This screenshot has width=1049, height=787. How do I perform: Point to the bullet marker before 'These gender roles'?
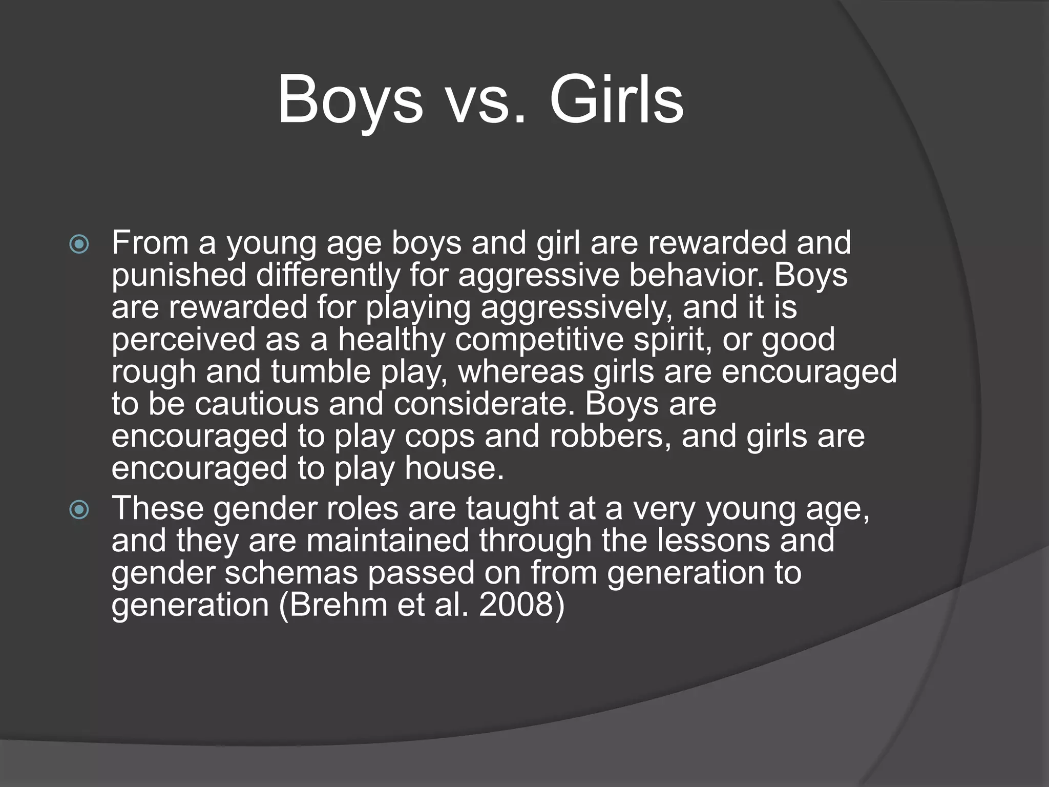pos(79,509)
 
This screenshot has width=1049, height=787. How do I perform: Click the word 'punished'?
pos(179,276)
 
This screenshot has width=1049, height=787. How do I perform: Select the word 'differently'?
pos(328,276)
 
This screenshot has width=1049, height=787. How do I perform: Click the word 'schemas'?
pos(291,573)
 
